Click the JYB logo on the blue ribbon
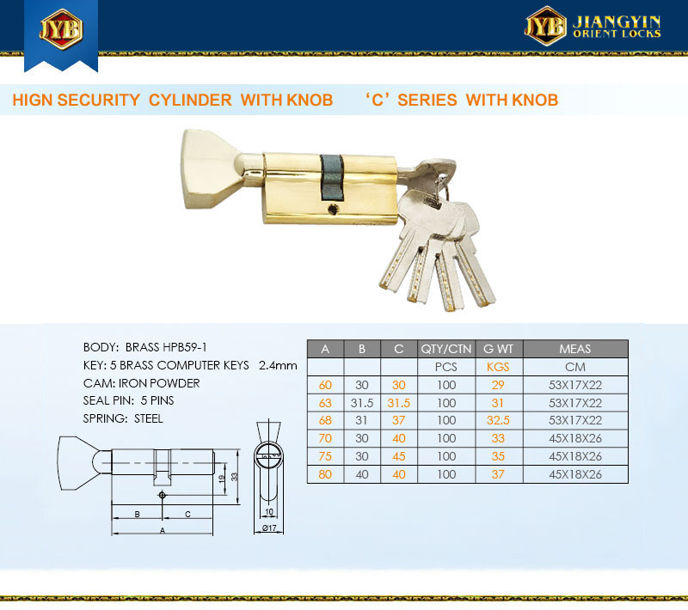click(x=61, y=29)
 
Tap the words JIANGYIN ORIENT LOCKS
click(x=617, y=27)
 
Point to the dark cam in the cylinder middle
click(x=332, y=178)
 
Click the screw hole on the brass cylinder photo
click(x=333, y=210)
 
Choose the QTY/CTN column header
click(x=446, y=349)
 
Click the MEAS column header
click(x=574, y=349)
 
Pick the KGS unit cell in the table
click(x=498, y=367)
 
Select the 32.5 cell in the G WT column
click(x=498, y=420)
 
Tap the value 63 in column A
click(x=325, y=403)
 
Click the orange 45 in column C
click(x=398, y=456)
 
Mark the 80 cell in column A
click(x=325, y=474)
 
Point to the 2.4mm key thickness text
click(x=278, y=365)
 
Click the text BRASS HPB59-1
click(x=166, y=347)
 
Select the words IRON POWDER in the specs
click(x=159, y=383)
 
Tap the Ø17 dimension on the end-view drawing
click(x=269, y=528)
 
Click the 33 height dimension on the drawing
click(x=234, y=476)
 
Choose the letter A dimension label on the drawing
click(x=163, y=531)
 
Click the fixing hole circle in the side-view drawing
click(x=162, y=495)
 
